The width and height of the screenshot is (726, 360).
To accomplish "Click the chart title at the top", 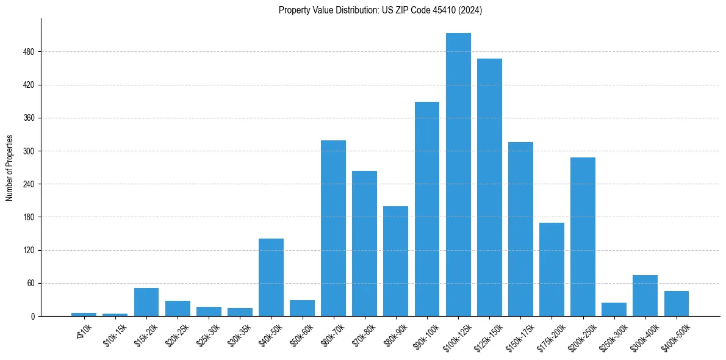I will tap(380, 10).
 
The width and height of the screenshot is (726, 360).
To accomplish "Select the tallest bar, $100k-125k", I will tap(458, 175).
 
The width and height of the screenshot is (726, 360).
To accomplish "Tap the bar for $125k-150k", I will tap(489, 187).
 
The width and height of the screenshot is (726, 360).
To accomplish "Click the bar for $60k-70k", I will tap(333, 228).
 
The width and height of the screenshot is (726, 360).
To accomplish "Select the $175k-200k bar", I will tap(552, 269).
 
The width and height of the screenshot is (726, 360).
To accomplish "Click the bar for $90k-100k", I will tap(427, 209).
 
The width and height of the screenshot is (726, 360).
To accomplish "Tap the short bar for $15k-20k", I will tap(146, 302).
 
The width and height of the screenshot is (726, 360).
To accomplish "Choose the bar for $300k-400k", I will tap(645, 295).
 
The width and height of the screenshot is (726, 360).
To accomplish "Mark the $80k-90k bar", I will tap(395, 261).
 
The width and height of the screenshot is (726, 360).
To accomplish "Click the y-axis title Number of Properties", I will tap(9, 168).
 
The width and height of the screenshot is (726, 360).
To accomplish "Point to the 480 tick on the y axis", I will tap(28, 52).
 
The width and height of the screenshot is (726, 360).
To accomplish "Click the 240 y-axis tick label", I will tap(28, 184).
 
